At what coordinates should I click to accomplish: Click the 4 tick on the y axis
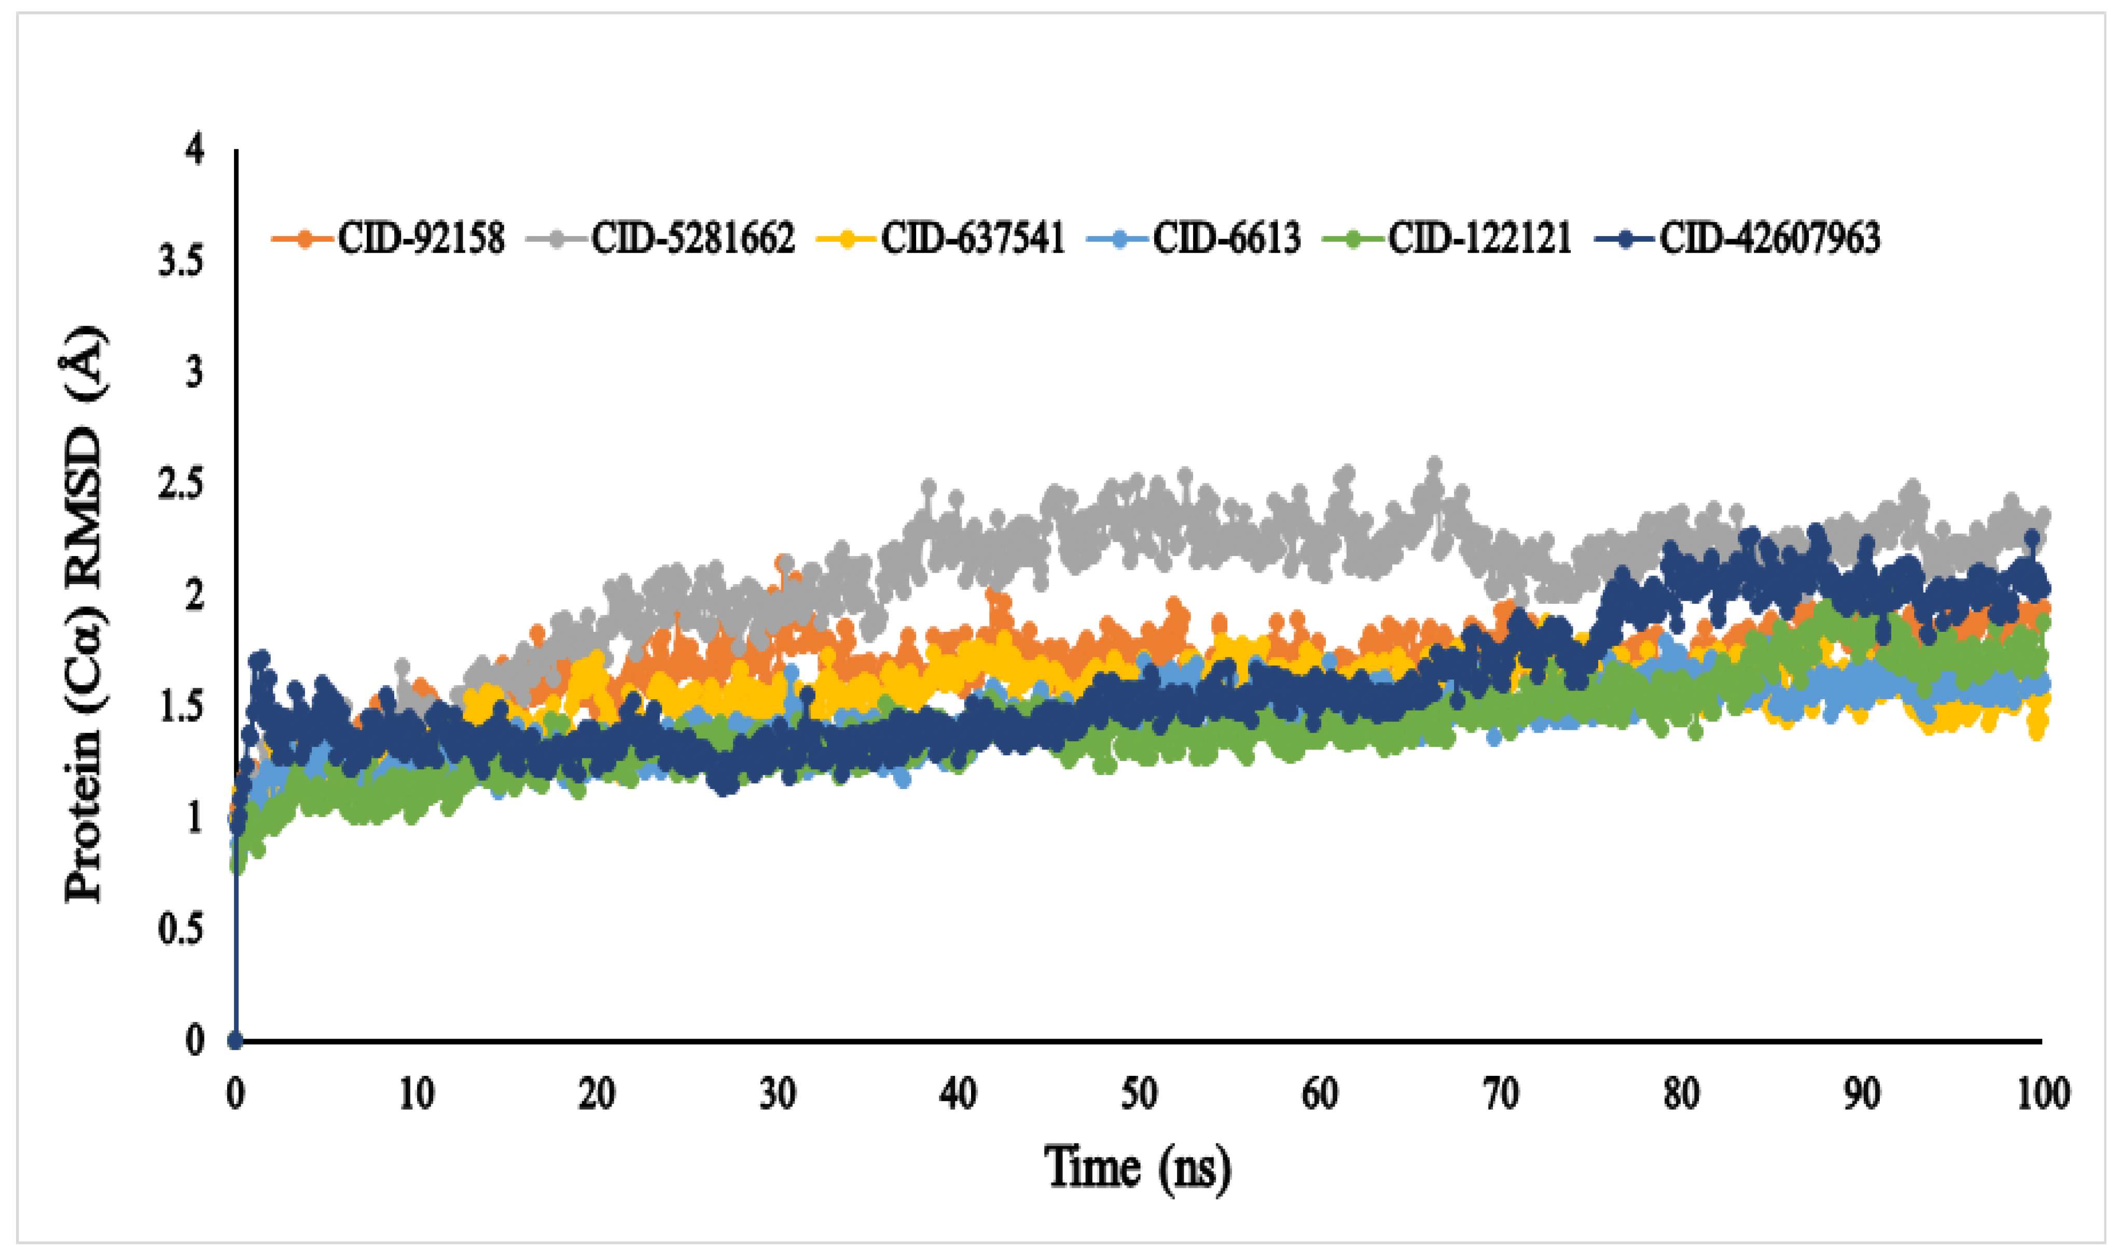pyautogui.click(x=195, y=151)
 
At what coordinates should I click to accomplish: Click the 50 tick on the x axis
pyautogui.click(x=1139, y=1095)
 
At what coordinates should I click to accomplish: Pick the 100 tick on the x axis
pyautogui.click(x=2042, y=1095)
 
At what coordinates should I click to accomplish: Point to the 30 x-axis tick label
pyautogui.click(x=777, y=1095)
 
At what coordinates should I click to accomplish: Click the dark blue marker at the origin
pyautogui.click(x=236, y=1040)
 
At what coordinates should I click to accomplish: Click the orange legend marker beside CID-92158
pyautogui.click(x=303, y=239)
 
